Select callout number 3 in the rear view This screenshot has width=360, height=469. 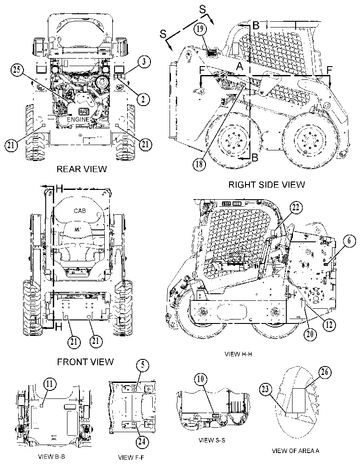click(144, 62)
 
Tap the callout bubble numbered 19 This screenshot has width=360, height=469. click(200, 29)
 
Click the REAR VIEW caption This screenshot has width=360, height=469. click(82, 169)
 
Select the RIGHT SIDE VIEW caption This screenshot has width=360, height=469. click(267, 185)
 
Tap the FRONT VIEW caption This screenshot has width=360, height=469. click(85, 362)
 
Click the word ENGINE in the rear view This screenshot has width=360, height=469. click(78, 119)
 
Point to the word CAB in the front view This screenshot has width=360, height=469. click(79, 211)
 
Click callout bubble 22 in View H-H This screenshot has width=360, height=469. click(296, 209)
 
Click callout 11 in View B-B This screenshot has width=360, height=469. click(50, 385)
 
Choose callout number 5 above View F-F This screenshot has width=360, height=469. click(143, 365)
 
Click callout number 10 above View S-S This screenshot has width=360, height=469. click(201, 379)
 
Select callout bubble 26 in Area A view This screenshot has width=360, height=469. click(325, 373)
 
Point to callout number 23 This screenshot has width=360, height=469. click(266, 390)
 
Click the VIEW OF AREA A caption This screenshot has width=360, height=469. click(295, 451)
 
